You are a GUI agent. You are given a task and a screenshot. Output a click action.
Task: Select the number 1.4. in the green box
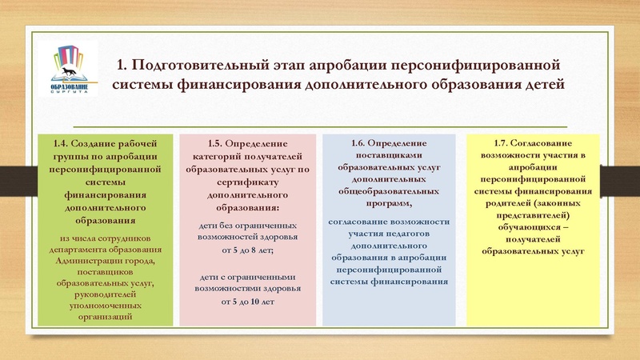[62, 142]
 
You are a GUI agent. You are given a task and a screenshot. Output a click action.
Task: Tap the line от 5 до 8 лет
[247, 250]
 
